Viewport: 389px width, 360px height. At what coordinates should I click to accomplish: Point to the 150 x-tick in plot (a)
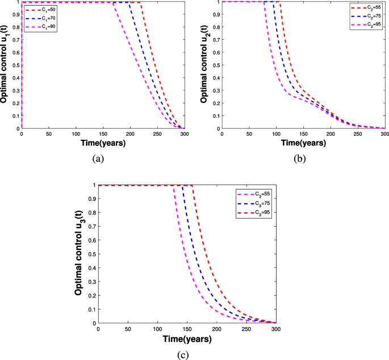click(x=102, y=134)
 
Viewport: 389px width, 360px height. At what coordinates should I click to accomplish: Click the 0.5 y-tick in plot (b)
click(x=216, y=65)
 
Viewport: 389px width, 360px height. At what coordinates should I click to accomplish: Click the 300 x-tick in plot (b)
click(x=384, y=134)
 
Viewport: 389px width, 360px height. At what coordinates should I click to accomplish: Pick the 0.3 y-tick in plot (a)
click(x=16, y=90)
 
